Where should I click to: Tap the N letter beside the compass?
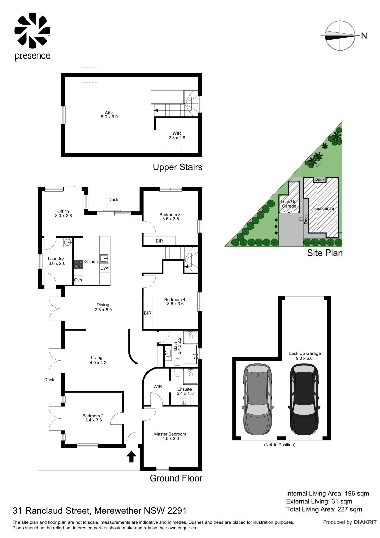(x=364, y=36)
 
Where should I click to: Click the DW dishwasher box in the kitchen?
(x=104, y=268)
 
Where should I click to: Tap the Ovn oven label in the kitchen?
(x=78, y=280)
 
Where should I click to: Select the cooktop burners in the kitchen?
(x=78, y=264)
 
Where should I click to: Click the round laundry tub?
(x=68, y=242)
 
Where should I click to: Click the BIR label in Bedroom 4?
(x=147, y=313)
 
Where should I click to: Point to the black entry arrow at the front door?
(x=131, y=456)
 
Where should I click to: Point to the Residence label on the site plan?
(x=324, y=208)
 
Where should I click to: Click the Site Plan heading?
(x=325, y=253)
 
